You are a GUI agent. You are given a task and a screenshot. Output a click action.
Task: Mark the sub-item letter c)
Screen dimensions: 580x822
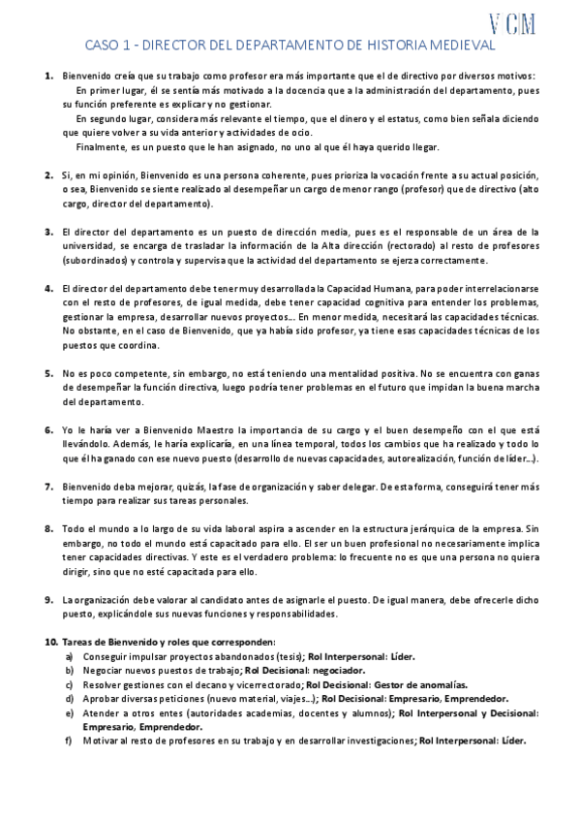[x=69, y=684]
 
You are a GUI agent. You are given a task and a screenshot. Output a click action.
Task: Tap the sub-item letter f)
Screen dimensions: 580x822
[x=69, y=741]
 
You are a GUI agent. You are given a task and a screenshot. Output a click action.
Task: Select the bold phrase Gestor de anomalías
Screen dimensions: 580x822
[x=389, y=684]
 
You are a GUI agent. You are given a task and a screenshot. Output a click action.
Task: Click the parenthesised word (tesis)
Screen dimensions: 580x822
[x=288, y=656]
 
